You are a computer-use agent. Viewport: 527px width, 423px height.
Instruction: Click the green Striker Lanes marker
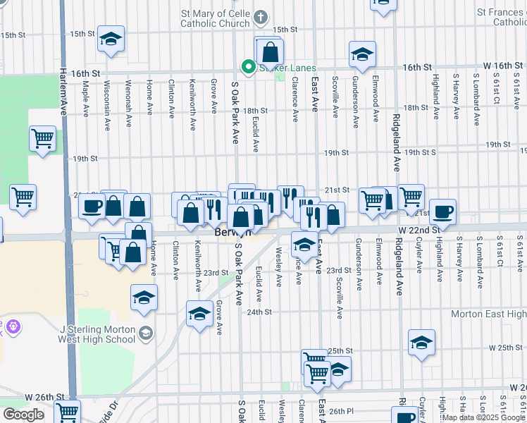coord(248,67)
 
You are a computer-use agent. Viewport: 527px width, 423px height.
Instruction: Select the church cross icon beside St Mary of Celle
coord(261,16)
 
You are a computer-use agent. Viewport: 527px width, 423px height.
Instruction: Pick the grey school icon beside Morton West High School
coord(146,333)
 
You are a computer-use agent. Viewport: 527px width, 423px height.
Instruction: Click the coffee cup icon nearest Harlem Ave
coord(91,206)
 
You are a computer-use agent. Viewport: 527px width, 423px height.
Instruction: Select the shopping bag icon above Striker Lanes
coord(271,51)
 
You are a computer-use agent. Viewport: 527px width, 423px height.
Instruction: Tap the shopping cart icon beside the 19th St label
coord(42,137)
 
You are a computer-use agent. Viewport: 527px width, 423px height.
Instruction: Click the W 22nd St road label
coord(418,230)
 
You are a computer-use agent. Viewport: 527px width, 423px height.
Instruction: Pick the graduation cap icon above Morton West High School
coord(144,298)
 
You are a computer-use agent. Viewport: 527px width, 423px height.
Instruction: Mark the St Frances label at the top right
coord(501,17)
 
